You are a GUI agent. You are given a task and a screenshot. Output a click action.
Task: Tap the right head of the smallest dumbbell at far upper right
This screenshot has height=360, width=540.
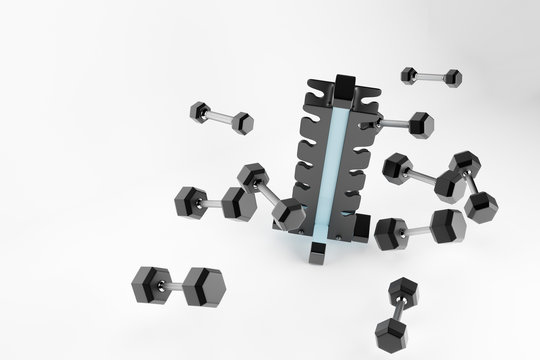(x=451, y=78)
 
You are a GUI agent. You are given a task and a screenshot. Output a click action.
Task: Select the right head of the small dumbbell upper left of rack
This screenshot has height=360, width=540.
(x=240, y=122)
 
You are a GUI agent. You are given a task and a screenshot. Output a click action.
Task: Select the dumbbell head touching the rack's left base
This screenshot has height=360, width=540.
(x=288, y=214)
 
